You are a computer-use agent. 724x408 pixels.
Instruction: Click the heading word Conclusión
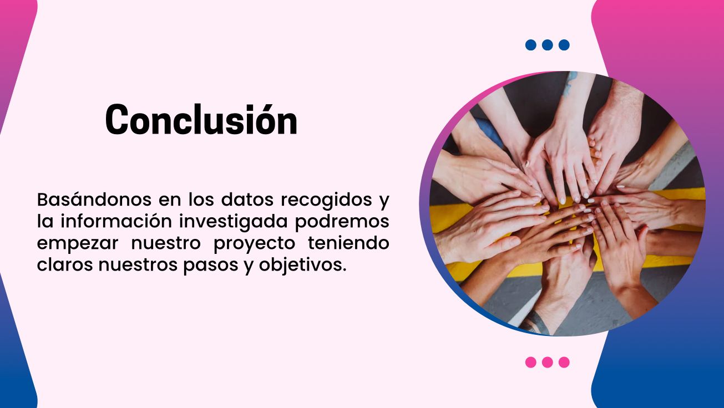(201, 119)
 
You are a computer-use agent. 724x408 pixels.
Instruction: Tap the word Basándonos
(94, 200)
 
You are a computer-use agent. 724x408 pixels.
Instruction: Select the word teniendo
(348, 243)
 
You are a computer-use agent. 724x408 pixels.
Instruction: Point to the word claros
(65, 264)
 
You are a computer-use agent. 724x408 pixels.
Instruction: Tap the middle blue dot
(547, 45)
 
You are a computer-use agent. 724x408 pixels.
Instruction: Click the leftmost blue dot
(531, 45)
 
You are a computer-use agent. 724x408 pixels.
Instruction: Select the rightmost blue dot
(564, 45)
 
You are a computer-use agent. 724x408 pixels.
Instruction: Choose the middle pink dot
(547, 363)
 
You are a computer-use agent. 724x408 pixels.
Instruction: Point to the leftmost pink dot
(531, 363)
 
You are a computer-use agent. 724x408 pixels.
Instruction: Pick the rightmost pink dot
(564, 363)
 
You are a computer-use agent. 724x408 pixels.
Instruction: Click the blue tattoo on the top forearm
(570, 83)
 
